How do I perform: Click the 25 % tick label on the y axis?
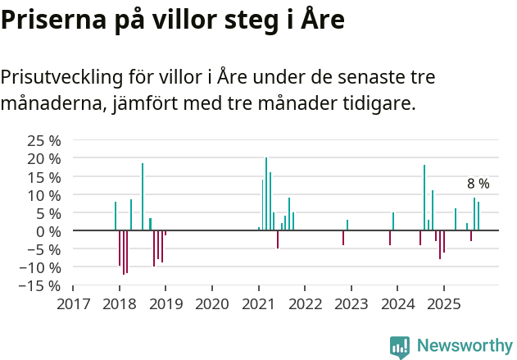[x=44, y=140]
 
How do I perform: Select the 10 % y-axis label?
[x=44, y=195]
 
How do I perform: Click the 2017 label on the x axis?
[x=73, y=304]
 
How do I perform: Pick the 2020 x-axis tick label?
[x=212, y=304]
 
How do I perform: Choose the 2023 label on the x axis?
[x=351, y=304]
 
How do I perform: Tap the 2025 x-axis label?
[x=443, y=304]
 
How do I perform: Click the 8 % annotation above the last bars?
[x=478, y=184]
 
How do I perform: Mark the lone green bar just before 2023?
[x=347, y=226]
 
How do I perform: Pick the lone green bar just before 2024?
[x=393, y=221]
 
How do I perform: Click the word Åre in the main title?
[x=316, y=20]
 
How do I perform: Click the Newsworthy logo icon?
[x=400, y=347]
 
